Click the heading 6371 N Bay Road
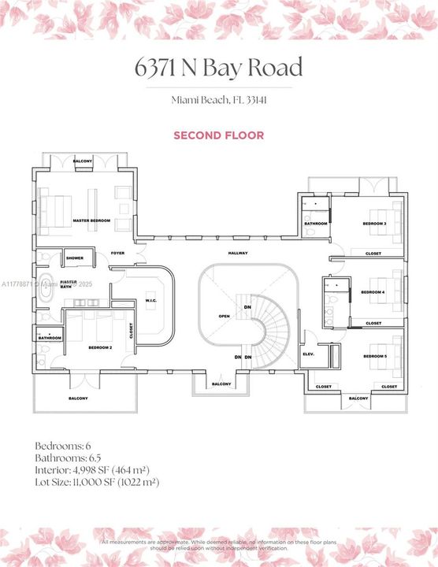pyautogui.click(x=219, y=69)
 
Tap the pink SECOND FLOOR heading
pyautogui.click(x=219, y=135)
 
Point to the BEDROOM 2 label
pyautogui.click(x=100, y=347)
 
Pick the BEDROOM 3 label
pyautogui.click(x=373, y=224)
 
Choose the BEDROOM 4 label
pyautogui.click(x=373, y=292)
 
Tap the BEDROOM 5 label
pyautogui.click(x=374, y=357)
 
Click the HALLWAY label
pyautogui.click(x=238, y=253)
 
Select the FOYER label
pyautogui.click(x=117, y=253)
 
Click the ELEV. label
pyautogui.click(x=309, y=354)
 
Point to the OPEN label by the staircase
pyautogui.click(x=224, y=316)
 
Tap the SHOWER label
pyautogui.click(x=75, y=258)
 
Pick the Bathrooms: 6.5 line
pyautogui.click(x=66, y=458)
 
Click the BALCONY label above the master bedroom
pyautogui.click(x=84, y=161)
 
